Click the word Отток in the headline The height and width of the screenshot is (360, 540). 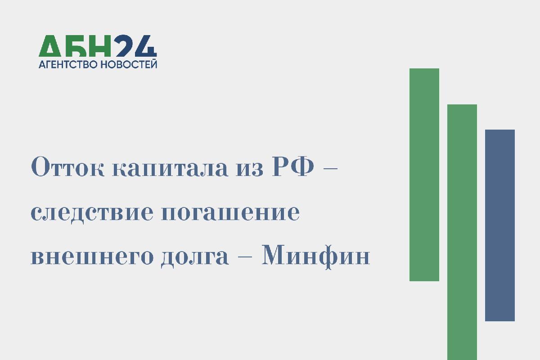click(x=68, y=167)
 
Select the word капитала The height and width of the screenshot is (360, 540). click(x=170, y=169)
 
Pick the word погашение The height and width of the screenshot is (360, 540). click(x=231, y=213)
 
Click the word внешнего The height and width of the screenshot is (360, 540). click(x=92, y=258)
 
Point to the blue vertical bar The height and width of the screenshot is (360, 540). click(x=500, y=225)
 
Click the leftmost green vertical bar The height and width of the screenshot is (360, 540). click(x=424, y=175)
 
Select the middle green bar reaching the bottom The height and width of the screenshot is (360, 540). click(x=462, y=232)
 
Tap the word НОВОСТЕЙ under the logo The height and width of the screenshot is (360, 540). click(x=129, y=64)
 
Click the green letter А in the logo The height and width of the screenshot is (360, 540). click(x=50, y=46)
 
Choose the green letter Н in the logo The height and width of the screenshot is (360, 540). click(x=99, y=46)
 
